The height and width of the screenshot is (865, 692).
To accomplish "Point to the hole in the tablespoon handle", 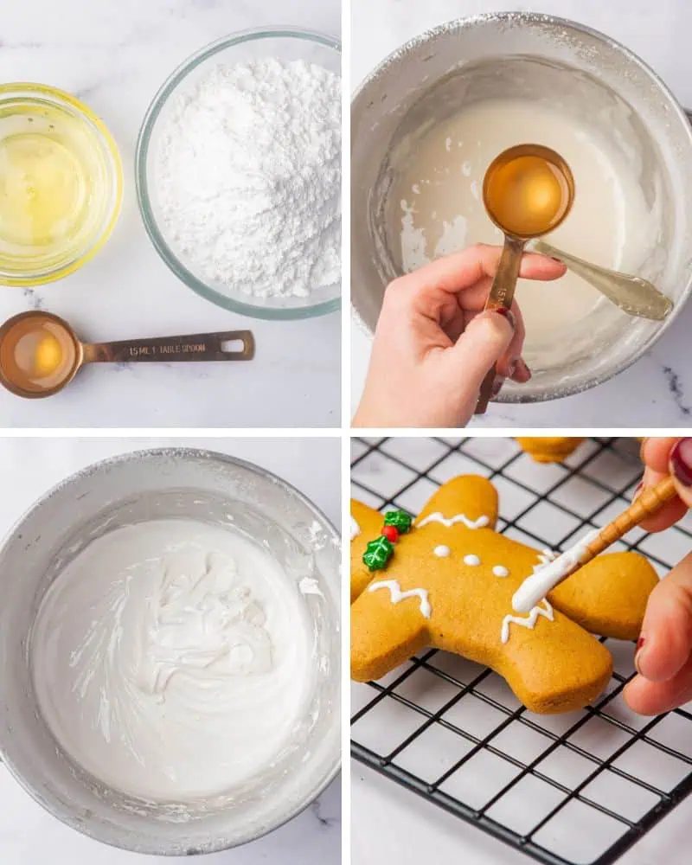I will (x=232, y=346).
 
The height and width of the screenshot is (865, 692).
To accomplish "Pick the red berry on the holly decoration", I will (x=391, y=534).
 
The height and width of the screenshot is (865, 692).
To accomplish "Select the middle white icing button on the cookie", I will (x=471, y=561).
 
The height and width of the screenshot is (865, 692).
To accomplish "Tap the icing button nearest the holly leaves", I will (x=442, y=551).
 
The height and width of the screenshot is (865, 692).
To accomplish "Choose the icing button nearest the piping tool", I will (x=500, y=571).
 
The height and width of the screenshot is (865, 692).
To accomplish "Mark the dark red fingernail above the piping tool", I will (x=682, y=463).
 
